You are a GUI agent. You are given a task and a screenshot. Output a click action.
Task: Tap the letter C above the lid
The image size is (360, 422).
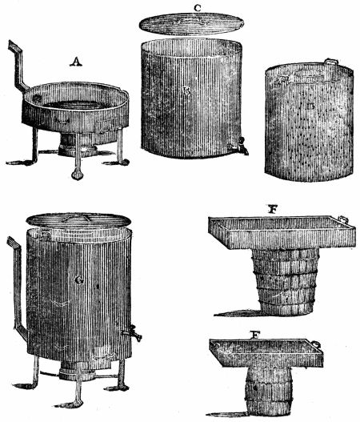197,8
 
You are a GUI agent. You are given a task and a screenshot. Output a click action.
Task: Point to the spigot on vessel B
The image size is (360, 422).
239,147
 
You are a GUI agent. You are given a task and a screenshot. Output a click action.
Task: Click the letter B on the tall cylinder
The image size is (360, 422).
185,92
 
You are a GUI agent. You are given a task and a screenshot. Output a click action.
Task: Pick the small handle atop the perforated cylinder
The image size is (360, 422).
331,62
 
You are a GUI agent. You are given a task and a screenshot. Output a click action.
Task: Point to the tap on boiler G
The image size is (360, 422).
134,332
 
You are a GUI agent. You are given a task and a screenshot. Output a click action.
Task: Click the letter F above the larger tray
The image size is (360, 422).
274,210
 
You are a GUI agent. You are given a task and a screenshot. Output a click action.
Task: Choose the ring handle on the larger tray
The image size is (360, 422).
344,219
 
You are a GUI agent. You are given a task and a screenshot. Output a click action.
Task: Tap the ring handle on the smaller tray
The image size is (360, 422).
318,346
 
